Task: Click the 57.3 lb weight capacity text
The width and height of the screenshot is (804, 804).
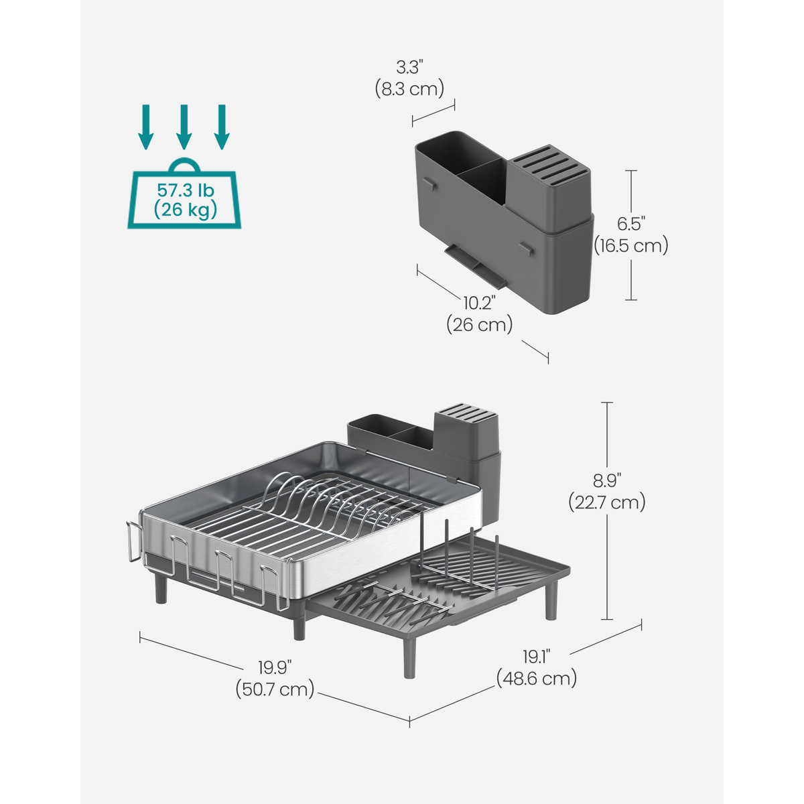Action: pos(184,190)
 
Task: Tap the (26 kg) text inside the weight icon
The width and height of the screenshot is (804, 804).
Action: pos(184,210)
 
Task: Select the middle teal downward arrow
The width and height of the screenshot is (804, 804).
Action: pos(184,127)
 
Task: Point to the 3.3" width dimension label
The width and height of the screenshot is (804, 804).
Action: pos(410,67)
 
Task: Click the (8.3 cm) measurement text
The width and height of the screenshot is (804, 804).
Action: pos(410,88)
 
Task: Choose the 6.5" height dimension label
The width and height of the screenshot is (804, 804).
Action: pos(630,224)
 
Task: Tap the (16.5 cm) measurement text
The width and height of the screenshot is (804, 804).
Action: pos(630,246)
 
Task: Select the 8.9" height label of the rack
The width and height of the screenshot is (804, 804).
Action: pos(606,480)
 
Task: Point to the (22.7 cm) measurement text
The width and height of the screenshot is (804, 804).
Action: pos(606,502)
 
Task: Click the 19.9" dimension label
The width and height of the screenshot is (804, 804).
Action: pos(275,667)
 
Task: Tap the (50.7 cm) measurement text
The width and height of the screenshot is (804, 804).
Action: pos(275,689)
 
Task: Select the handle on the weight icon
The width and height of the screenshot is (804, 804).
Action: pos(184,165)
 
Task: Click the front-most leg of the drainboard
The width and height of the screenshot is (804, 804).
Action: pos(409,660)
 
